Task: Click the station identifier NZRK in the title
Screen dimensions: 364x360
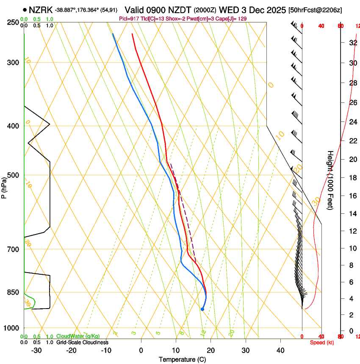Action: point(41,10)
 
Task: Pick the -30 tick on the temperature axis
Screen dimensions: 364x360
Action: point(36,350)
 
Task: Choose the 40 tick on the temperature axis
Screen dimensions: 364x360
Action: point(280,350)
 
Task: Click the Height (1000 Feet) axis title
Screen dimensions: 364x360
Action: point(330,180)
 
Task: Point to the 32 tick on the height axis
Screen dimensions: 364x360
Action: point(352,43)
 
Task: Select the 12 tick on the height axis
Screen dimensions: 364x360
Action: point(352,230)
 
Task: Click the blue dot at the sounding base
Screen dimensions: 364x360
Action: point(202,309)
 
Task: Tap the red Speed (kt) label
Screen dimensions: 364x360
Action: point(321,342)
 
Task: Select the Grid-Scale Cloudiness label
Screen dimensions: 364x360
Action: point(82,342)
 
